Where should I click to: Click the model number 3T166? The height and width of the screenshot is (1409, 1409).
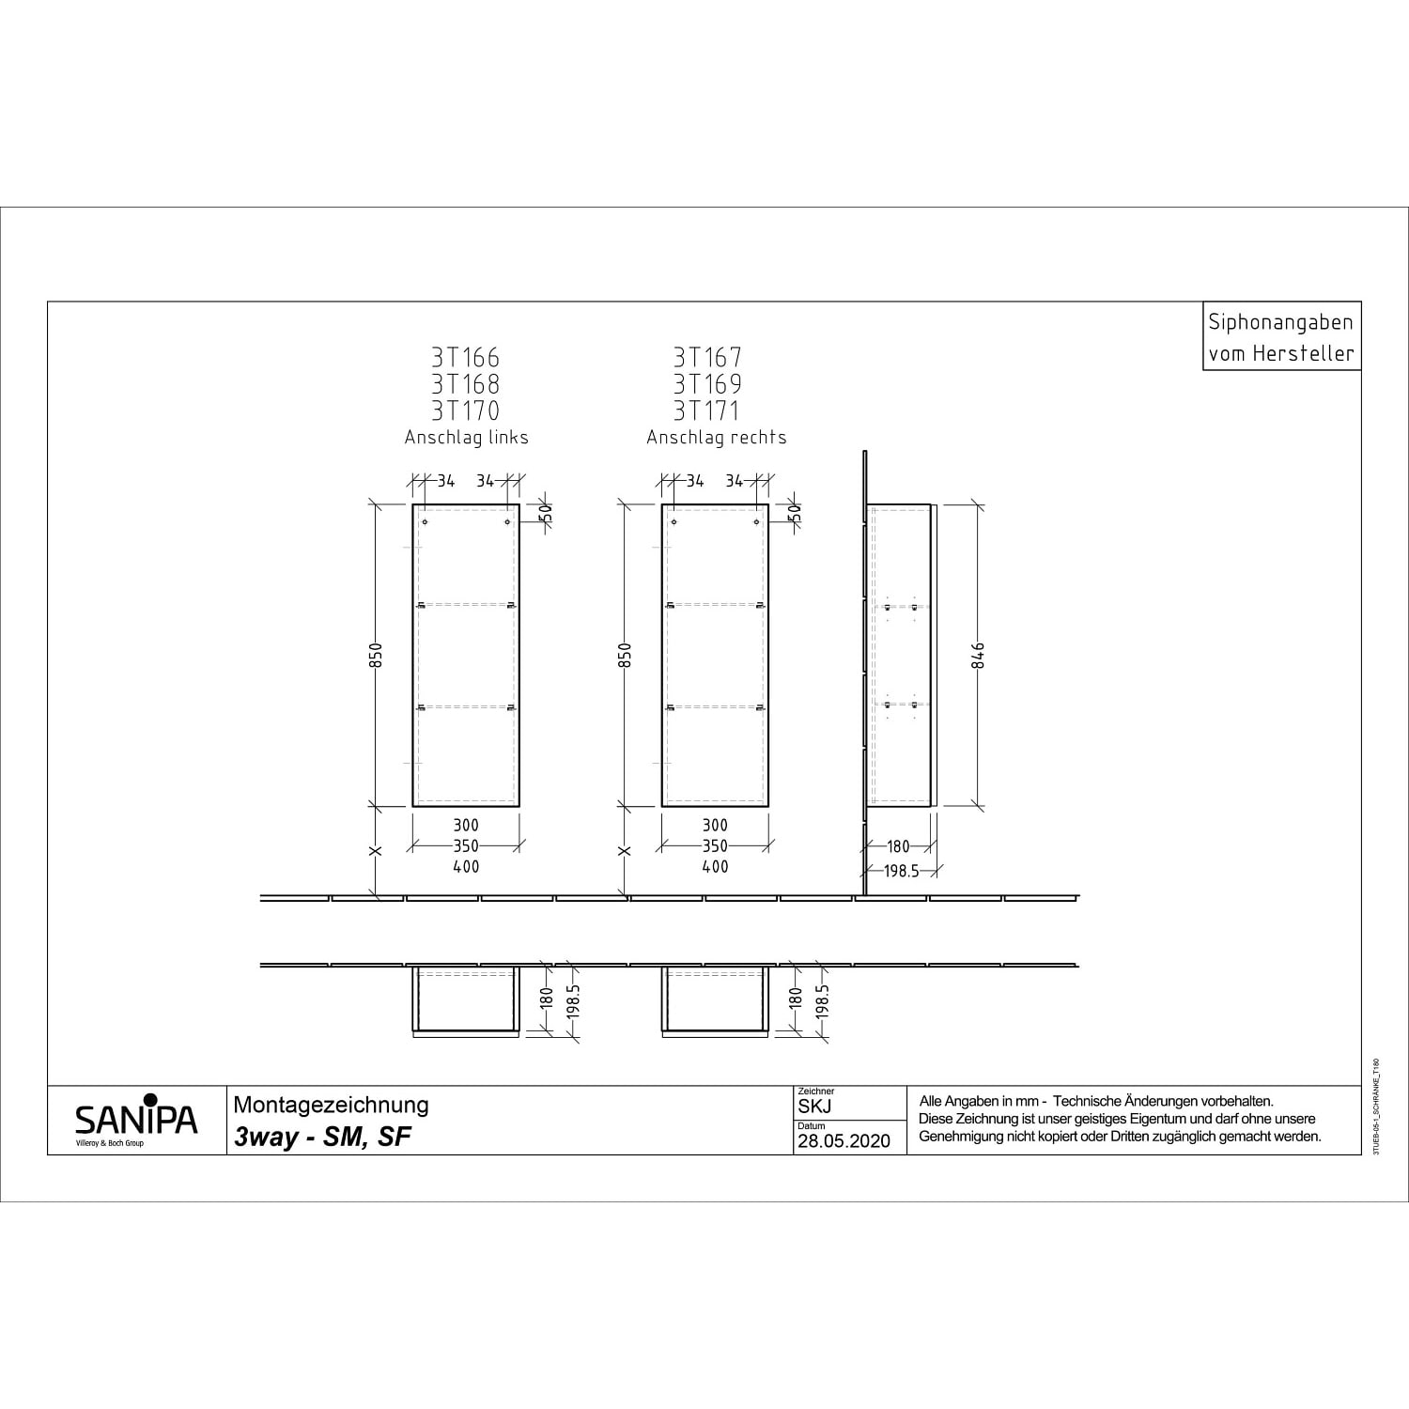point(466,358)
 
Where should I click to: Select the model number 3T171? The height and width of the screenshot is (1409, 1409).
point(706,410)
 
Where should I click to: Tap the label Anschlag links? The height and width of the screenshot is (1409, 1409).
point(466,438)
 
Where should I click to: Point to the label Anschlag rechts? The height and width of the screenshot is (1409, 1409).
point(716,438)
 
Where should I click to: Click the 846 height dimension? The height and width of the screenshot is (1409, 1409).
point(978,656)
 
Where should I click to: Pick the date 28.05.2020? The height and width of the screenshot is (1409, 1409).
point(844,1141)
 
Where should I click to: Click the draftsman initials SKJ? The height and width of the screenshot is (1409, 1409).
point(814,1107)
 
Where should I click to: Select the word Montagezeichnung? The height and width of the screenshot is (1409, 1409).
point(331,1106)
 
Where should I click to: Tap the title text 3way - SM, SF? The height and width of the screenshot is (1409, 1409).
point(322,1137)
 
